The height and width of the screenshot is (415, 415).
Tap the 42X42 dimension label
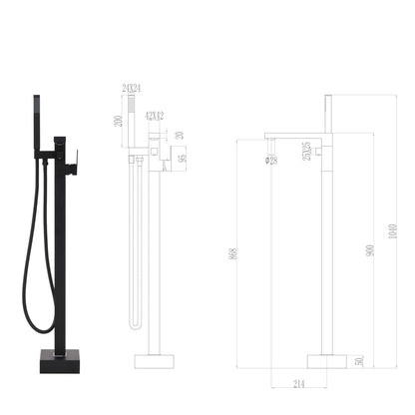(155, 117)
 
